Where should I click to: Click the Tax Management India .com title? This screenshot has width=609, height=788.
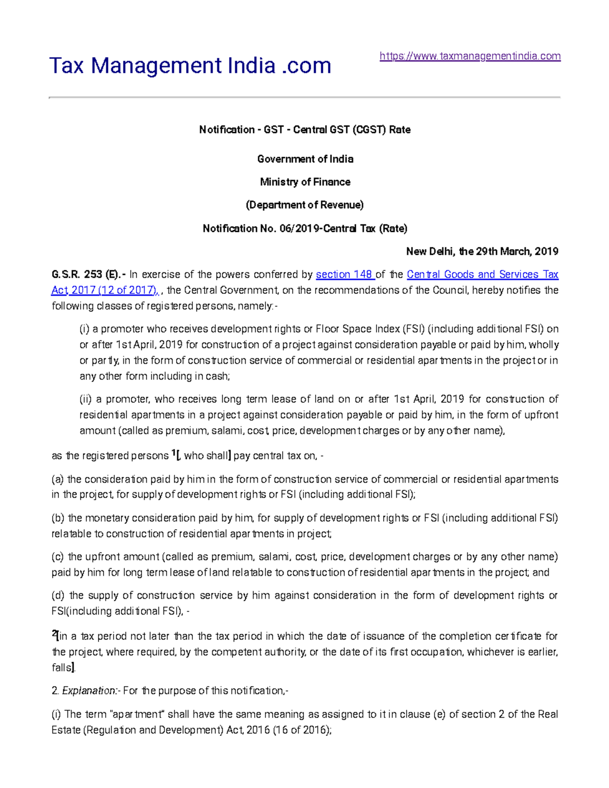190,65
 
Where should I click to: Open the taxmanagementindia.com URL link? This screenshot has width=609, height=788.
470,56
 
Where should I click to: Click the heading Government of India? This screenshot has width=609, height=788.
305,159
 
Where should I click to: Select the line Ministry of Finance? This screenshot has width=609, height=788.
305,182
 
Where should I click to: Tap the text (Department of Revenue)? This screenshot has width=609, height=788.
305,205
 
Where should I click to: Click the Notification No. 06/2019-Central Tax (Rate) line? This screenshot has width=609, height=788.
305,228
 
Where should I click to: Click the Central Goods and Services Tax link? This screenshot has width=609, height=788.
482,275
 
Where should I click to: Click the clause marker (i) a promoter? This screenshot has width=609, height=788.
85,329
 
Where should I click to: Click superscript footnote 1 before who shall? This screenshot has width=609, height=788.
173,453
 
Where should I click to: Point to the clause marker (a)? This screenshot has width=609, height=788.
58,479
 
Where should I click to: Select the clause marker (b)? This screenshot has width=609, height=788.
58,518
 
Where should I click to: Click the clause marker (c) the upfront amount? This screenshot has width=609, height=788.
58,557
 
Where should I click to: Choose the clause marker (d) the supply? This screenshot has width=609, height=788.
58,595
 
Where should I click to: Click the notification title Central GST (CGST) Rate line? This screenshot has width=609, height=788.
305,130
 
